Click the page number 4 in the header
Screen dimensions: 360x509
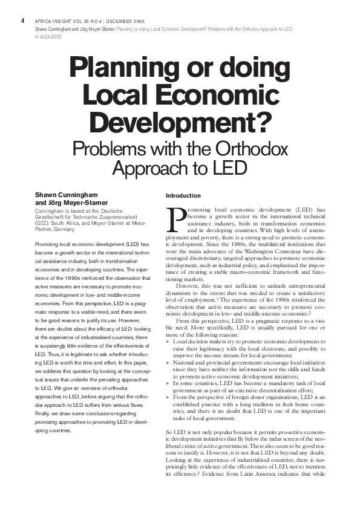[x=22, y=20]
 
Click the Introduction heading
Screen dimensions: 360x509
[x=183, y=196]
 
